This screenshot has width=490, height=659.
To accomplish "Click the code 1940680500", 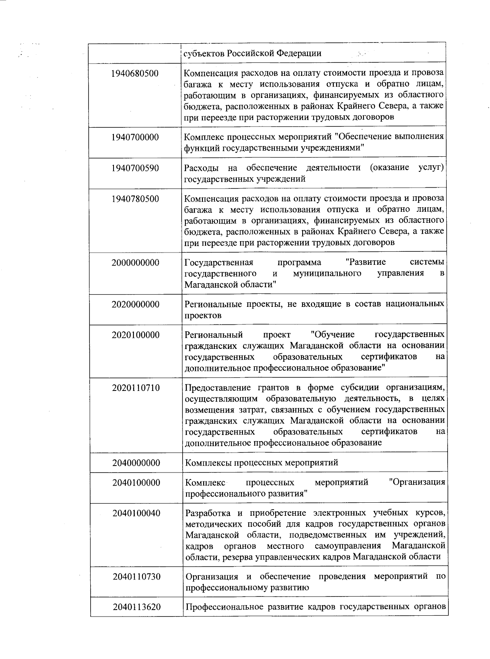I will [135, 74].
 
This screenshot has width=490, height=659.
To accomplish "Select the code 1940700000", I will [135, 137].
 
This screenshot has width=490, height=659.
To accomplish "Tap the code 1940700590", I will [135, 168].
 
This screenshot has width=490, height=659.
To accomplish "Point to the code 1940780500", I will [135, 199].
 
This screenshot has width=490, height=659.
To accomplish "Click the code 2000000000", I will [135, 262].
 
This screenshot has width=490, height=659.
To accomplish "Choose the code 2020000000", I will [135, 304].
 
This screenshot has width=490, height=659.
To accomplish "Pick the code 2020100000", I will [136, 335].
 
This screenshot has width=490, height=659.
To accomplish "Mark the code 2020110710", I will [136, 388].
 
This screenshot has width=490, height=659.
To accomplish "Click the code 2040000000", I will [136, 463].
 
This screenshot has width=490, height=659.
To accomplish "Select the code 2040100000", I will [136, 483].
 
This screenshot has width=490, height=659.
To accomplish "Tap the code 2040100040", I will [136, 513].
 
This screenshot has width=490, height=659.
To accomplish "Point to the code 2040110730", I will [137, 577].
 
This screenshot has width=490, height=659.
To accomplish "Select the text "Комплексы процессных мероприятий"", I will [262, 463].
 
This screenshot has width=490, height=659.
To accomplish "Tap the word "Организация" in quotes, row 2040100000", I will [417, 482].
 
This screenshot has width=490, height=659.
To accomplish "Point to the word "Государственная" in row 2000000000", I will [219, 262].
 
